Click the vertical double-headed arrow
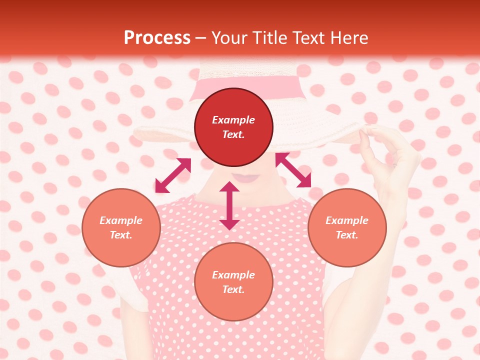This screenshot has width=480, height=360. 229,205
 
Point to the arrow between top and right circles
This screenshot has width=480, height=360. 293,170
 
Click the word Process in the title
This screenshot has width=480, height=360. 157,38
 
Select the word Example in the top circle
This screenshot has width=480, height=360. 233,120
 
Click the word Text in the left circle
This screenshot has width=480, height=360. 121,235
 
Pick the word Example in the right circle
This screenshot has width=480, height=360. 347,220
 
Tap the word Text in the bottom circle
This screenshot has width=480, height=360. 233,289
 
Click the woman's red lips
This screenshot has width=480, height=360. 245,177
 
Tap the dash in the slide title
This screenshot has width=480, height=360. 201,38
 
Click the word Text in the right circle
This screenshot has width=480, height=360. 347,235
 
